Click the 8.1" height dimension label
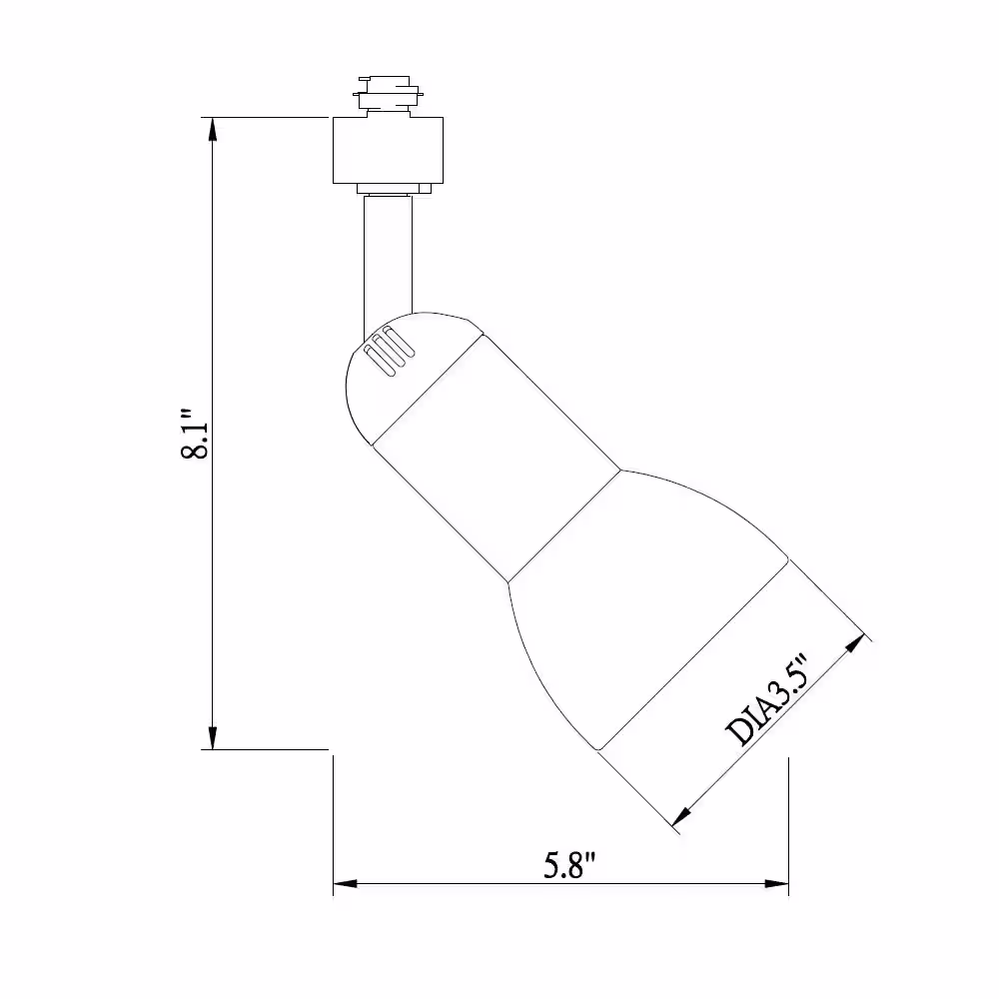click(x=195, y=434)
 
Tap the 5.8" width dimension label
click(x=569, y=865)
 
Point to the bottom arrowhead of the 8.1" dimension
click(x=213, y=738)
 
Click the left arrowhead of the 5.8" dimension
click(x=346, y=884)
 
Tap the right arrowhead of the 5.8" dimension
click(x=776, y=884)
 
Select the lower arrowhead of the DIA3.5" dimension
click(x=682, y=816)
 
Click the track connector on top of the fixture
click(x=388, y=96)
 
